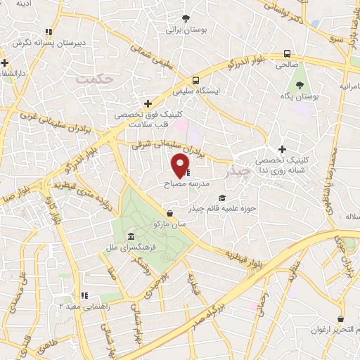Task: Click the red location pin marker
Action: (x=181, y=166)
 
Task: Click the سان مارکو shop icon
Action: (x=169, y=213)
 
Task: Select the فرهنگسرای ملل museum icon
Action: (x=131, y=236)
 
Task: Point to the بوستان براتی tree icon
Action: (x=186, y=19)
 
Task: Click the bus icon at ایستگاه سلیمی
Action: (x=196, y=80)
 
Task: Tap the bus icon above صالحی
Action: (x=287, y=53)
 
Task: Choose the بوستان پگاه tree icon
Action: (x=300, y=83)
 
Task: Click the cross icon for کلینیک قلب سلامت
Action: (x=148, y=103)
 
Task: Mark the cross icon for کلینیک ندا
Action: (x=282, y=149)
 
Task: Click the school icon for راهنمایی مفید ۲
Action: (x=84, y=296)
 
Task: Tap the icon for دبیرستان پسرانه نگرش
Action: (x=49, y=32)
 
